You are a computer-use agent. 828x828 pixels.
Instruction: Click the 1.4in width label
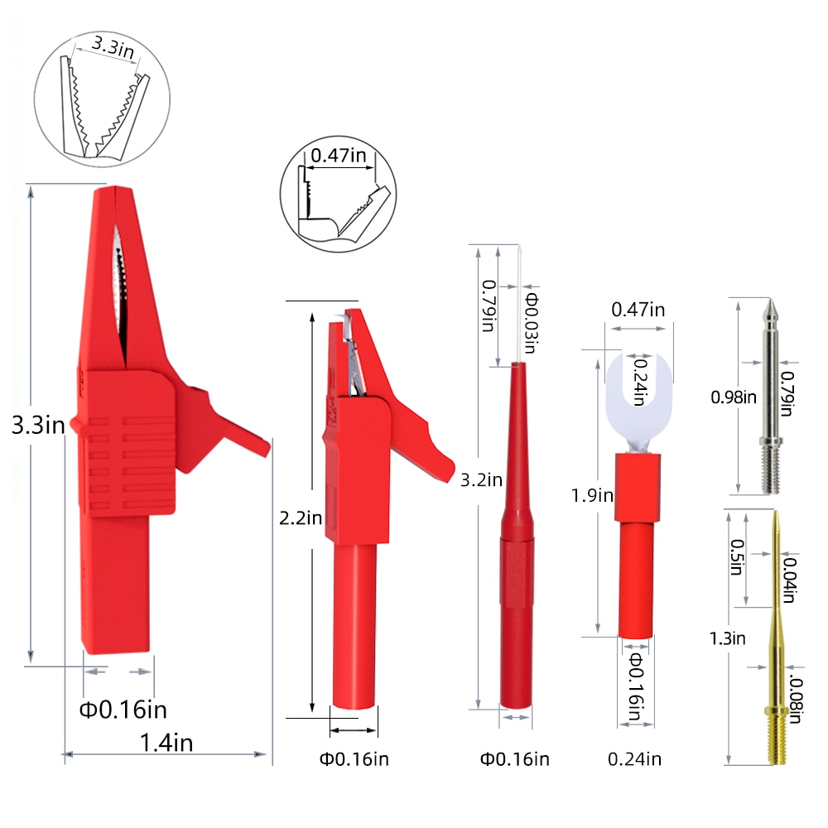pos(166,743)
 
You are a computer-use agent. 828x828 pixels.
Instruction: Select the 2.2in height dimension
pos(301,517)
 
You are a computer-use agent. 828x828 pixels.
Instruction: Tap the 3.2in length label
pos(481,479)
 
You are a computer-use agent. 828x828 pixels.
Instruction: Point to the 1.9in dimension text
pos(592,495)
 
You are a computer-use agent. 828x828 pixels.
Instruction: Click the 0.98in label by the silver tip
pos(734,397)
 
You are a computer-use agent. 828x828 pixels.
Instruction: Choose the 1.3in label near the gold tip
pos(728,638)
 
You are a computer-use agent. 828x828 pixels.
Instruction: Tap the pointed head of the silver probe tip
pos(770,311)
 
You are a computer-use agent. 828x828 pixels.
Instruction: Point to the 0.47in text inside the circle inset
pos(338,155)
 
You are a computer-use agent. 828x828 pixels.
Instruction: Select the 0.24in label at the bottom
pos(635,758)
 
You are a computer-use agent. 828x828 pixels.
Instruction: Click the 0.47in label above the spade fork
pos(638,310)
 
